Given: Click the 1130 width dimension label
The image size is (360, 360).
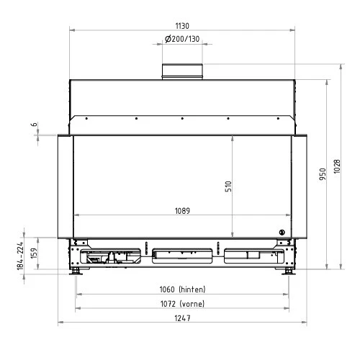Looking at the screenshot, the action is coord(182,26).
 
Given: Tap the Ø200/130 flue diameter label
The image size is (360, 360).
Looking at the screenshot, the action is coord(182,39).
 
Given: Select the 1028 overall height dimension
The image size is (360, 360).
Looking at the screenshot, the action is coord(337,166).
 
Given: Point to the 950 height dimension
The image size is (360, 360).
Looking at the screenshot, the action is coord(323,174).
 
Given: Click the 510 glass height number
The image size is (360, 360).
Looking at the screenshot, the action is coord(228,186).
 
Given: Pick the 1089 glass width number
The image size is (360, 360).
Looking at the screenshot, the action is coord(182,211).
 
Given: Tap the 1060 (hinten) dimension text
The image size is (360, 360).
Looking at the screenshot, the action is coord(182,289).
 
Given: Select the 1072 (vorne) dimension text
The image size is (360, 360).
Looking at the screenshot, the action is coord(182,304).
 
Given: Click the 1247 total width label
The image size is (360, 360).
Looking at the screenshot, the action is coord(182,318).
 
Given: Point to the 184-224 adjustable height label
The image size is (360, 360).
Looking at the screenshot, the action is coord(20,256).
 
